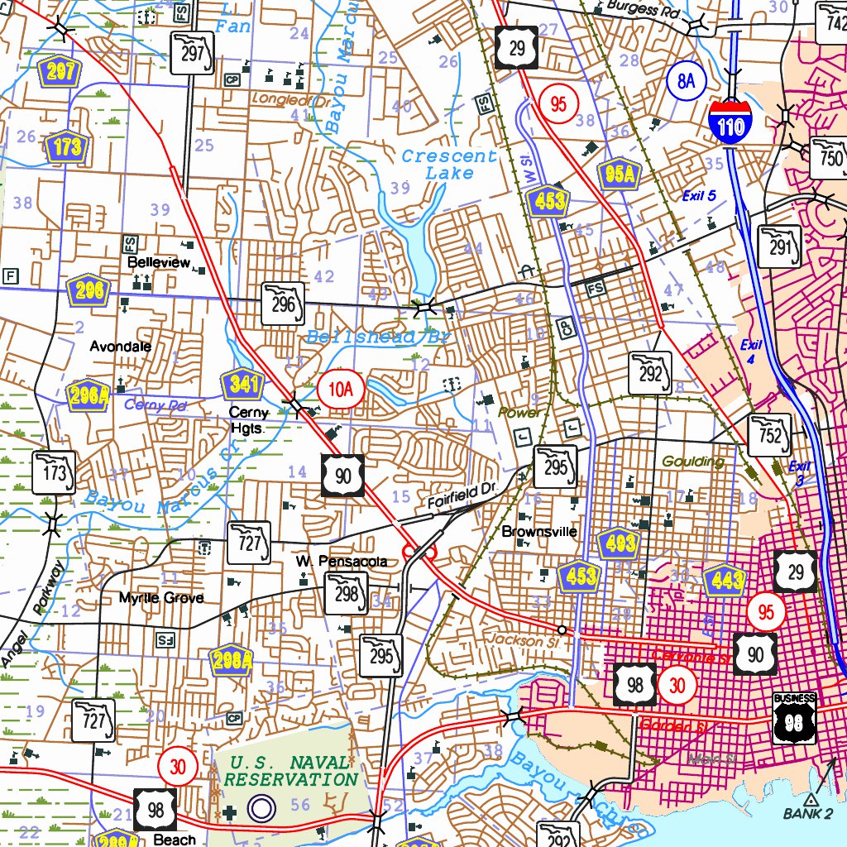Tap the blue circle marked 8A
pos(686,80)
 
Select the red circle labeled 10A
pos(339,389)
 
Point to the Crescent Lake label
pos(450,165)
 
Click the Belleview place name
pos(159,261)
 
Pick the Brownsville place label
pos(539,531)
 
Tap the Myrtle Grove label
pos(161,597)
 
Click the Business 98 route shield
pos(795,716)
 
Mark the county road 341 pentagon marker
pos(242,385)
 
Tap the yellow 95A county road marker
pos(620,174)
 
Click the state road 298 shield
pos(346,592)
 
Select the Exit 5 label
pos(698,196)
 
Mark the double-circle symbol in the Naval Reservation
pos(261,808)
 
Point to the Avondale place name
pos(121,346)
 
